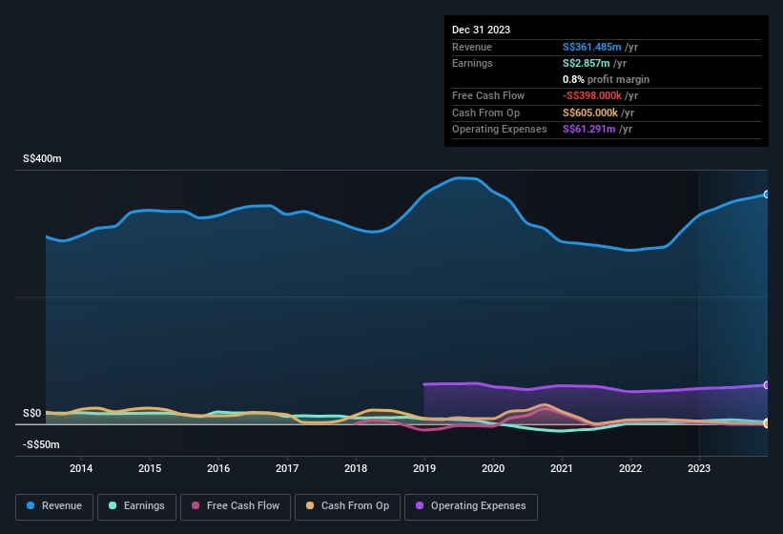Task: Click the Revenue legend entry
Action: click(55, 506)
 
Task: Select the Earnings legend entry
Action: click(136, 506)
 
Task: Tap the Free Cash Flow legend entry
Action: click(236, 506)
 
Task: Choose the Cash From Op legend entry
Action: click(346, 506)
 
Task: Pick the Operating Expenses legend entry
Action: click(471, 506)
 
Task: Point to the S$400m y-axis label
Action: click(42, 159)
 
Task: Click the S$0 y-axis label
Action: click(32, 413)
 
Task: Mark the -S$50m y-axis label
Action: click(41, 444)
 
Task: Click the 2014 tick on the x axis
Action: click(81, 468)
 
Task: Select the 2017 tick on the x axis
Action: click(287, 468)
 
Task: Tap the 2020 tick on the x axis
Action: click(493, 468)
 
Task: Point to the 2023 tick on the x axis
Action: click(699, 468)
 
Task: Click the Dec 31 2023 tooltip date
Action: click(481, 30)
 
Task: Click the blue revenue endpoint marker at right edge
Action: click(766, 195)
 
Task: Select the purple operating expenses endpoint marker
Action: click(766, 384)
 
